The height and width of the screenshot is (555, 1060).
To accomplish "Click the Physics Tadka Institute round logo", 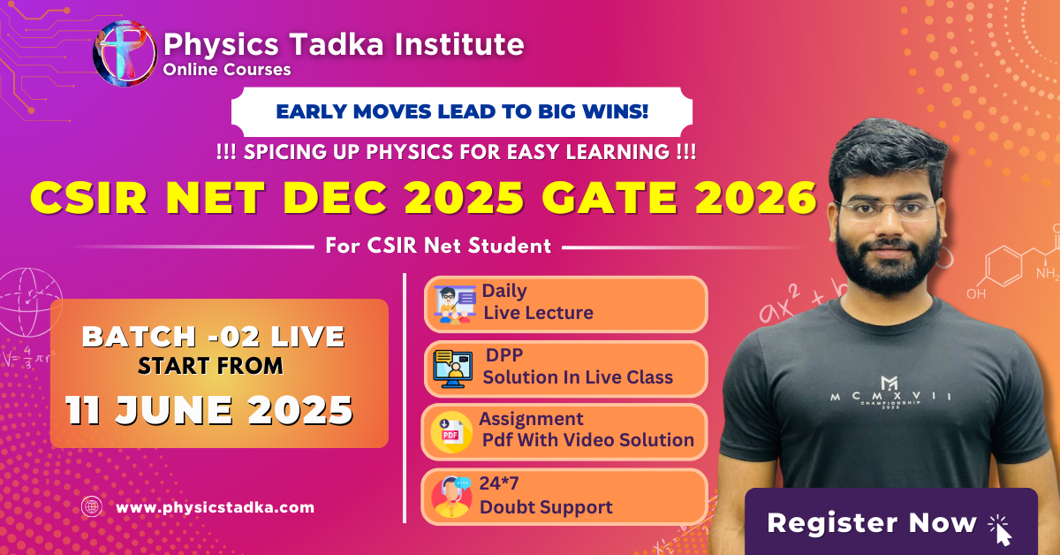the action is point(125,54).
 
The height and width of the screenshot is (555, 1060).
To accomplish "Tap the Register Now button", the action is point(891,521).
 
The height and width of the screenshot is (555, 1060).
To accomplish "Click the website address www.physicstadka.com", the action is point(215,507).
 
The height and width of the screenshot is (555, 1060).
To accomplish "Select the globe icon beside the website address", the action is point(92,506).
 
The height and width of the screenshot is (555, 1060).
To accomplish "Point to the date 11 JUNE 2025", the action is point(209,410).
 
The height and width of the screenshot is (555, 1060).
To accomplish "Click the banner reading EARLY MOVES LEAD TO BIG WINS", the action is point(462,111).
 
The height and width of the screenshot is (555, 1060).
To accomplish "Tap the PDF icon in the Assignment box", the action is point(451,432).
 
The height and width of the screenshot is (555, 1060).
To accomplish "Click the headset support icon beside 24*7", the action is point(451,497).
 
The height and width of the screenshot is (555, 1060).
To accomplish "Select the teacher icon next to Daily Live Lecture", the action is point(454,305).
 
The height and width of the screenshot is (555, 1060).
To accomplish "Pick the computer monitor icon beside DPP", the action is point(453,369).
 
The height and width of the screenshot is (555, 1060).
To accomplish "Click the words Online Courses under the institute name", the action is point(227,70).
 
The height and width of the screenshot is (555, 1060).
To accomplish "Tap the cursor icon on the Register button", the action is point(1000,530).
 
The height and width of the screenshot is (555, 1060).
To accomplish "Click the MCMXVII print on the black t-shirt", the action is point(890,394).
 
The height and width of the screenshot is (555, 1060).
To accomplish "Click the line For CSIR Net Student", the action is point(438,246).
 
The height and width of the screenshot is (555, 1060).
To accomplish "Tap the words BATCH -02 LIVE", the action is point(214,337).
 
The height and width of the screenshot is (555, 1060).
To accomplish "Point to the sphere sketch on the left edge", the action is point(28,302).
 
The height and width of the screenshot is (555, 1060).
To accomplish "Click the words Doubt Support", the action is point(546,507).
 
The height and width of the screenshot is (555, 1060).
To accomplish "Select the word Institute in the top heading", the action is point(459,44).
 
